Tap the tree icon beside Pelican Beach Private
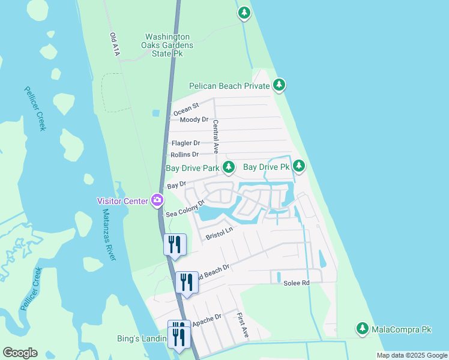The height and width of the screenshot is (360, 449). click(279, 86)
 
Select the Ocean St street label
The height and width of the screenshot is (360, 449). click(185, 110)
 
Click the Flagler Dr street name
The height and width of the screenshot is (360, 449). click(185, 143)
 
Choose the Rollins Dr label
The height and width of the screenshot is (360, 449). click(185, 154)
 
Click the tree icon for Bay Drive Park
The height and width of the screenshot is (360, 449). click(228, 167)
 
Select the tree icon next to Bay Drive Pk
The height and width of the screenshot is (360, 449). click(298, 166)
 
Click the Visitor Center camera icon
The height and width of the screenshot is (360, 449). click(157, 200)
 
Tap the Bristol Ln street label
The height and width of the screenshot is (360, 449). click(219, 233)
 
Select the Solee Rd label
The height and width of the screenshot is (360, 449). click(297, 283)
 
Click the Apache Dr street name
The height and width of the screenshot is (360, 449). click(207, 318)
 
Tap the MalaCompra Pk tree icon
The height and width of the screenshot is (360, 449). click(362, 328)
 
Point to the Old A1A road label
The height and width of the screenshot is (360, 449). click(115, 45)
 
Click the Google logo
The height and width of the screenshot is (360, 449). click(20, 353)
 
